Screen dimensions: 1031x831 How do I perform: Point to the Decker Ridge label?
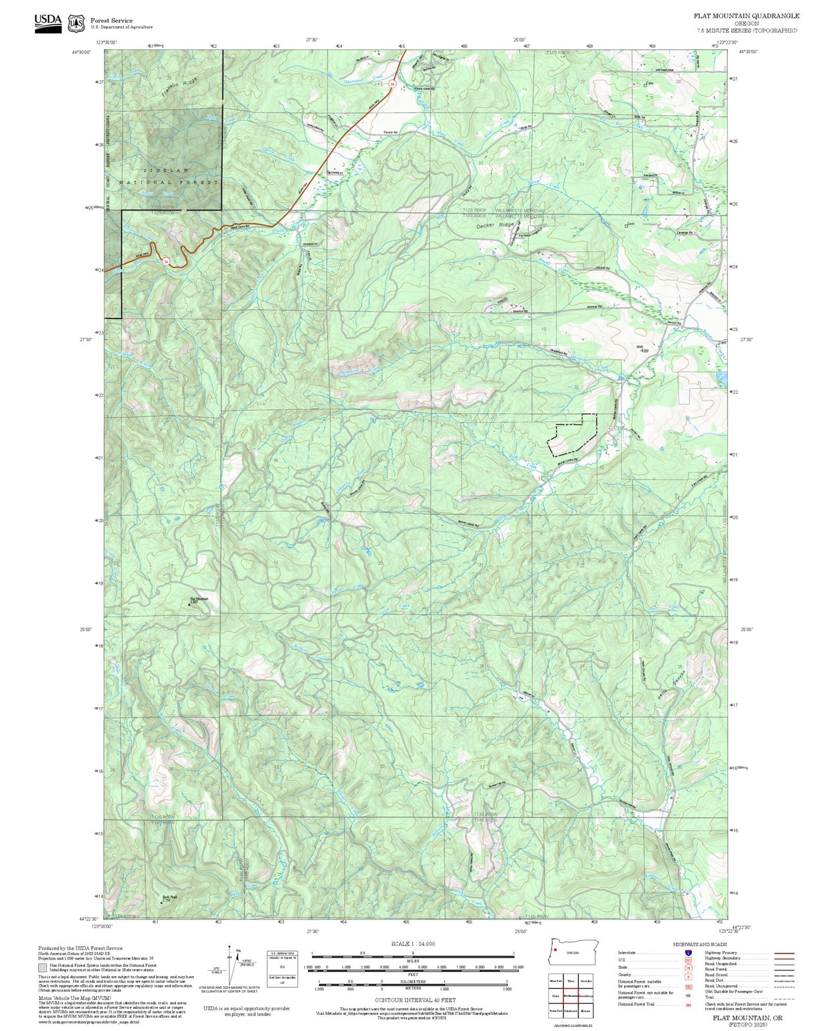495,226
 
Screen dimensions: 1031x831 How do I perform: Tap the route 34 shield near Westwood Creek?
392,84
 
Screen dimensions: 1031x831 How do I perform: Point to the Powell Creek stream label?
557,265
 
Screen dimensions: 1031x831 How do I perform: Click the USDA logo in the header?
48,23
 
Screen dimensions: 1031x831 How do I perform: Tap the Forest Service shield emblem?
76,23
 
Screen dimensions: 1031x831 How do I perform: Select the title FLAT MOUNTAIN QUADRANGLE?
746,16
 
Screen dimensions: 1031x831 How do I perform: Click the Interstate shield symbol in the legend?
688,952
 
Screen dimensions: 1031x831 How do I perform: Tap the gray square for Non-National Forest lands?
43,968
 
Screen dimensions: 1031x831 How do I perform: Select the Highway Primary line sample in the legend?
782,953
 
